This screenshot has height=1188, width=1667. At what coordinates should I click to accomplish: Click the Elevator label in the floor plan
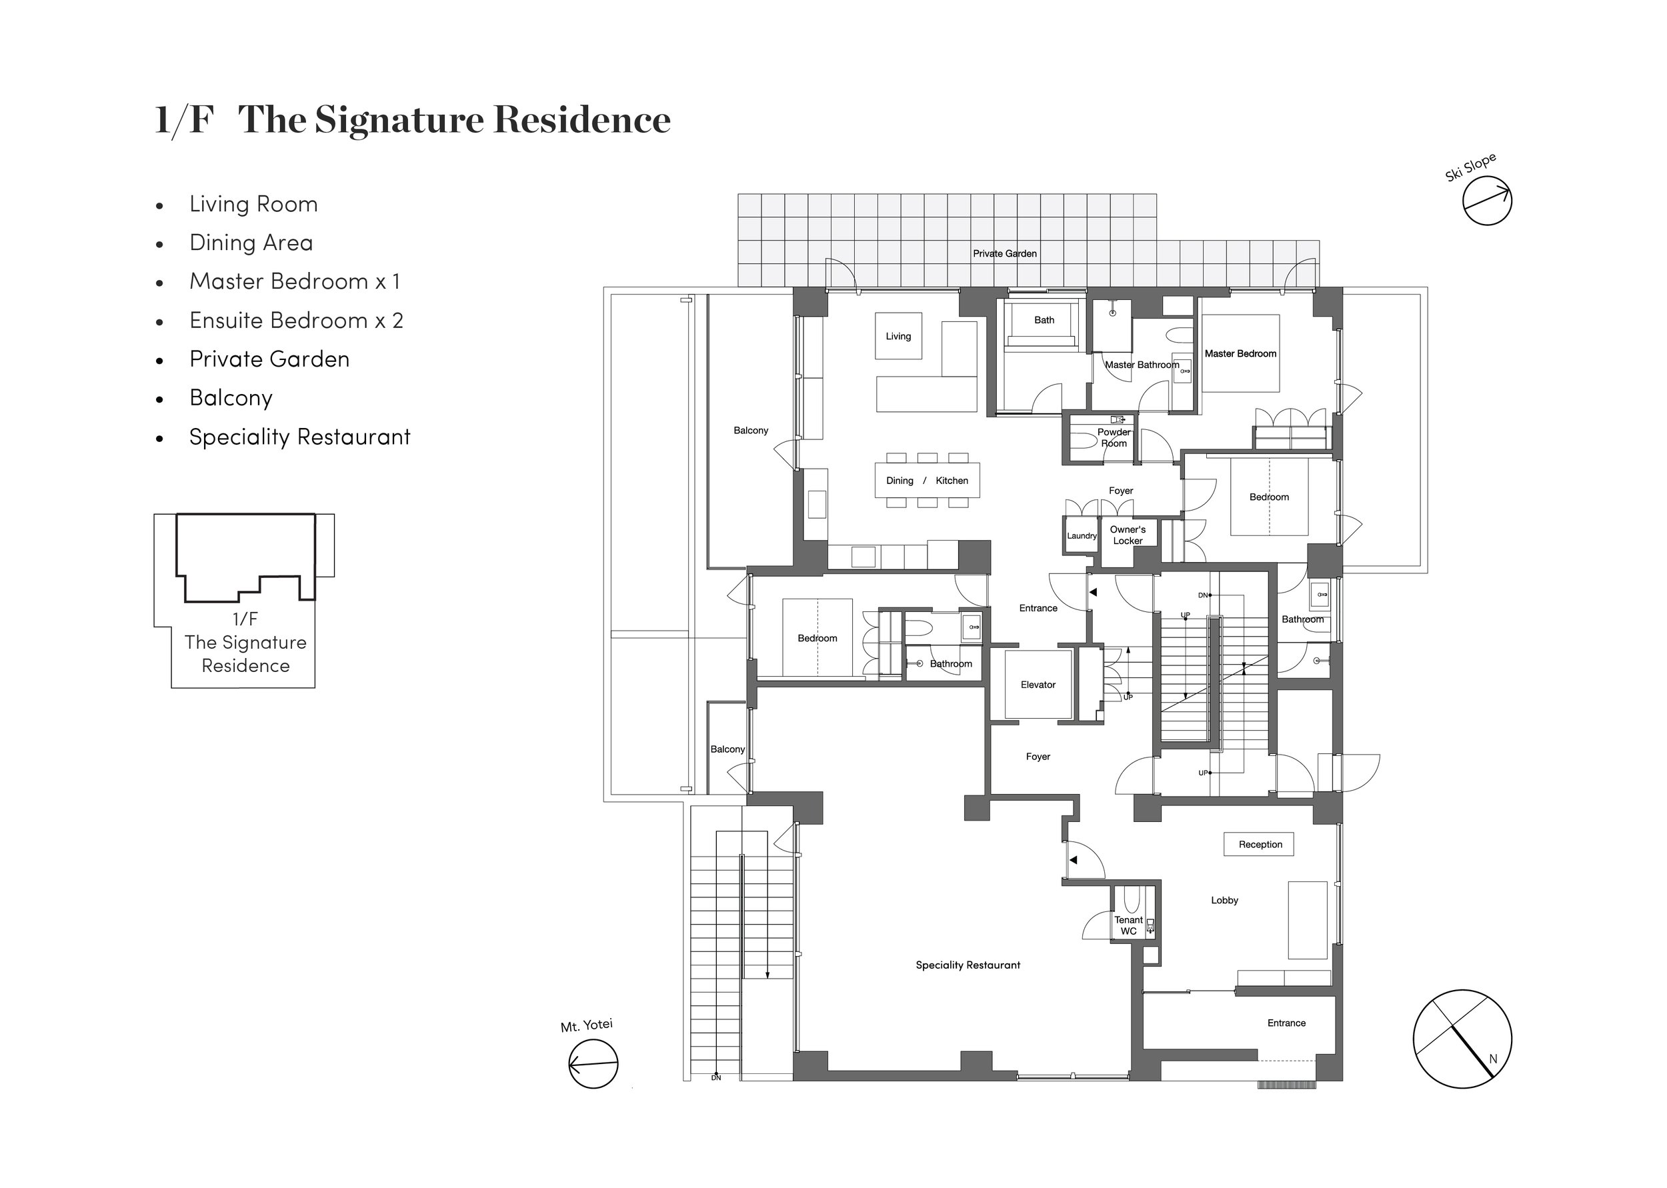[1038, 685]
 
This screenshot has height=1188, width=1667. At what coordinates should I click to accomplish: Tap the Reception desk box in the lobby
[1260, 844]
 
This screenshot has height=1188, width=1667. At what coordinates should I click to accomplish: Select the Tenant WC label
[1128, 925]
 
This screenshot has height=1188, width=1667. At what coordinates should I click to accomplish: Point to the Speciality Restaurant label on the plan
[967, 965]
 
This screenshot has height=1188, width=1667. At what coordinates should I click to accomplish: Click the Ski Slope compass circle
[1487, 201]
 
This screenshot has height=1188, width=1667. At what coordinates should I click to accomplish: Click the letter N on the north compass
[1493, 1059]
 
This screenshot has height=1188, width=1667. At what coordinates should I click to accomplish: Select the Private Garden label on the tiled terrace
[1004, 254]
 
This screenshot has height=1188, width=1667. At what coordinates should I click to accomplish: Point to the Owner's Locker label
[1127, 535]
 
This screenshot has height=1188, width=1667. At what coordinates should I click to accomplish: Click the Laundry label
[1081, 535]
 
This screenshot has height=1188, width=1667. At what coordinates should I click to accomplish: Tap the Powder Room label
[1114, 437]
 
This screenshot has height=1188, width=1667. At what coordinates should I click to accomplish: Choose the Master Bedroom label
[1240, 353]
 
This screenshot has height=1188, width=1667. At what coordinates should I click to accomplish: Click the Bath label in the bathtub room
[1044, 320]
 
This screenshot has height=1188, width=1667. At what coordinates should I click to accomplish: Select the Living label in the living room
[898, 337]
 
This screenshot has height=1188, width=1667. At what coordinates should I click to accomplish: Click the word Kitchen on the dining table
[951, 481]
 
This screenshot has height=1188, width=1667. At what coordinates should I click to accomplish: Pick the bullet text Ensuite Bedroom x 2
[295, 321]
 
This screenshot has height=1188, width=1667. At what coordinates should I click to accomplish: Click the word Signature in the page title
[399, 120]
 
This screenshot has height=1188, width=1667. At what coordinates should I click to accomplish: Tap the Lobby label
[1224, 901]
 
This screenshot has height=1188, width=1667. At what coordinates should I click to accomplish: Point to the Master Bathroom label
[1141, 364]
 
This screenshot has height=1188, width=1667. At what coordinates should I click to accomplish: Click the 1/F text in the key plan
[245, 619]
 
